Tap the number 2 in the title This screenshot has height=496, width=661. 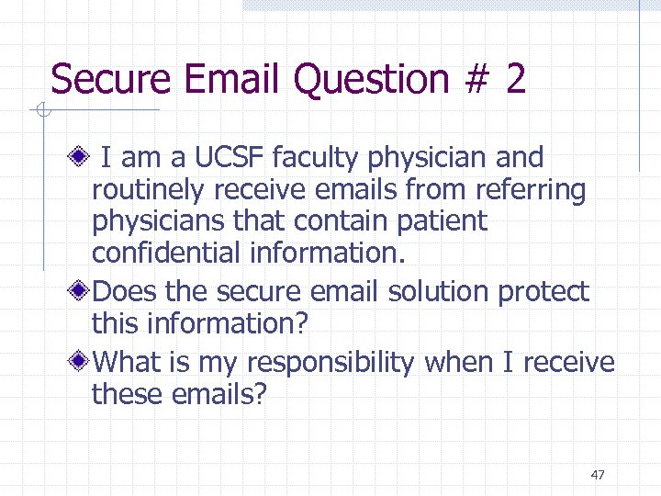[x=515, y=79]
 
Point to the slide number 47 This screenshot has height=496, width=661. [x=598, y=475]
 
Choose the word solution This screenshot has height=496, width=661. [x=439, y=291]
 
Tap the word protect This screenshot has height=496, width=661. [x=543, y=293]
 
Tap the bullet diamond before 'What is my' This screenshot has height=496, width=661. [x=83, y=362]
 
